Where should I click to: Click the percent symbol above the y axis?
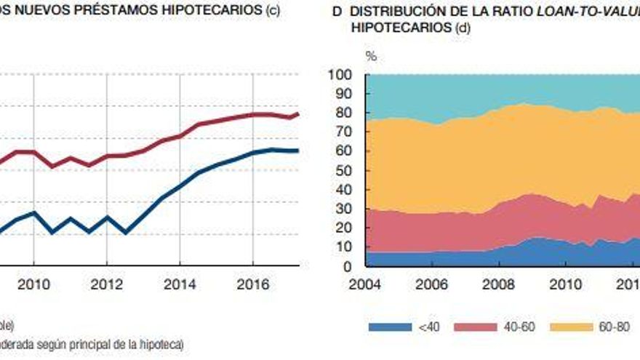[x=371, y=56]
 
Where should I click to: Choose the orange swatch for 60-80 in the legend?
[x=564, y=327]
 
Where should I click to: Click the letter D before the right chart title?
[x=337, y=12]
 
